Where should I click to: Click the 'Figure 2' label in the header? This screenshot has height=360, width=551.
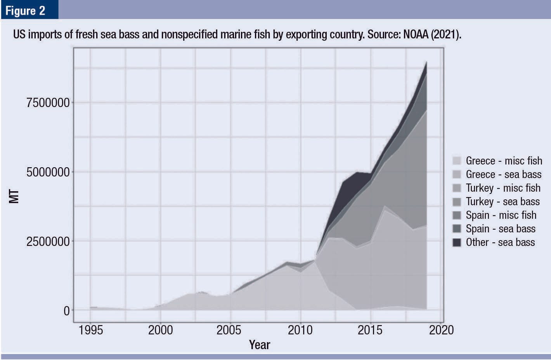click(25, 10)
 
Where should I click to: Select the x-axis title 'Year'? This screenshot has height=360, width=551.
click(259, 344)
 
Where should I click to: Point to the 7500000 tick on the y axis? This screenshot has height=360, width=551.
click(48, 103)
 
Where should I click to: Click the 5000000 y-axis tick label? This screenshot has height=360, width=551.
click(48, 172)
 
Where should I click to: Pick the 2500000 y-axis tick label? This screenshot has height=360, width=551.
click(48, 242)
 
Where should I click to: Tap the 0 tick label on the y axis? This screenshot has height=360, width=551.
click(66, 311)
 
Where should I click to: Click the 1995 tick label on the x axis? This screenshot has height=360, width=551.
click(90, 330)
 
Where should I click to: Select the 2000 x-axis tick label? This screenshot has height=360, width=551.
click(160, 330)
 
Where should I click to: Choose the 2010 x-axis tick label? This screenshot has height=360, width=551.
click(300, 330)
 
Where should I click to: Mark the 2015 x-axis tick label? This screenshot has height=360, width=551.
click(370, 330)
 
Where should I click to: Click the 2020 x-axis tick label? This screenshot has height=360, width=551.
click(441, 330)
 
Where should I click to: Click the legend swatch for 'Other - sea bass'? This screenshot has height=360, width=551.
click(457, 242)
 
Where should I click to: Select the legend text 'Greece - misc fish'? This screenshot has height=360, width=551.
click(504, 161)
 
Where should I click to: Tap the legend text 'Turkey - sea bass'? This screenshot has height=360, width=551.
click(502, 201)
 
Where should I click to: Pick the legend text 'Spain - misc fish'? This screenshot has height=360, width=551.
click(501, 215)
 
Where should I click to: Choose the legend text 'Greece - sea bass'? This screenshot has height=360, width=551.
click(503, 174)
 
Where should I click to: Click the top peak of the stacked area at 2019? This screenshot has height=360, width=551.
click(426, 62)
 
